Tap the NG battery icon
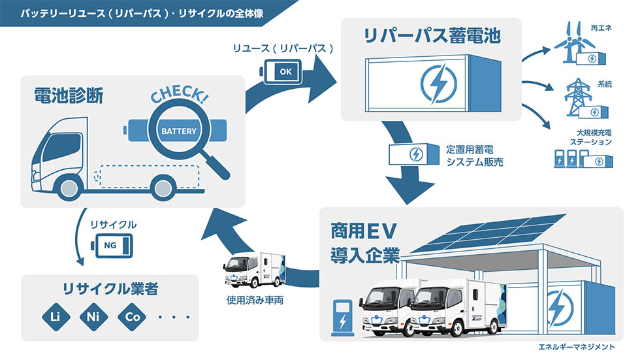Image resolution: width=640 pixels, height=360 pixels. [x=112, y=246]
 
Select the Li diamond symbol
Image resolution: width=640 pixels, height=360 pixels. [x=56, y=317]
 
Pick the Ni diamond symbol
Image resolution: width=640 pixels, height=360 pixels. [x=93, y=317]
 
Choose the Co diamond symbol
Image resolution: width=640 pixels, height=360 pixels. [x=132, y=317]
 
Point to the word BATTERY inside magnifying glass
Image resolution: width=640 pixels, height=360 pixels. [x=179, y=131]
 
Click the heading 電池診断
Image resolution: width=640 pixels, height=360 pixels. [x=69, y=96]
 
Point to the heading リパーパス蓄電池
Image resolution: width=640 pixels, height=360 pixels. [x=432, y=35]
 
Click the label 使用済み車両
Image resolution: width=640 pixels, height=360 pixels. [x=255, y=301]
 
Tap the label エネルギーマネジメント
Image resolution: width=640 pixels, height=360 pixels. [x=576, y=347]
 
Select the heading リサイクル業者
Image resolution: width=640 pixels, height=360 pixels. [x=110, y=289]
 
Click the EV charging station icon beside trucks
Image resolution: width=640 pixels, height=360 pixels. [x=342, y=318]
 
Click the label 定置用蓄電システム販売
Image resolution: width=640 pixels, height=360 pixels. [x=474, y=156]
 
